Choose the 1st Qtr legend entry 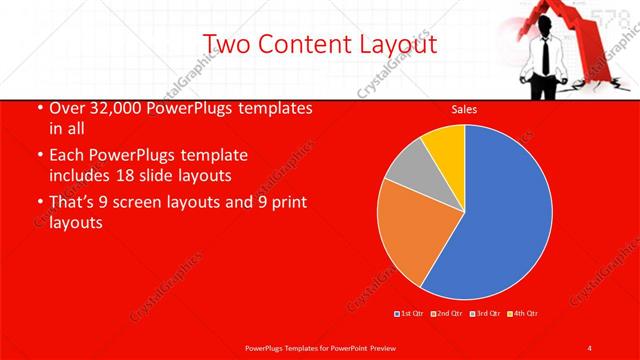411,314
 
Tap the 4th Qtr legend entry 522,314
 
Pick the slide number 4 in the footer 590,347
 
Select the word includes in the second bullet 81,175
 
